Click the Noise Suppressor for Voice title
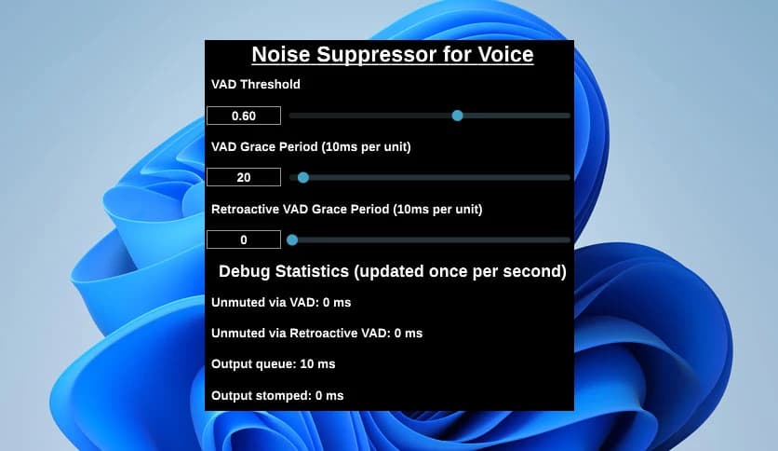point(392,55)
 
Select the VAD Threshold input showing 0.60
point(244,116)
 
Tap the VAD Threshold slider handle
point(457,116)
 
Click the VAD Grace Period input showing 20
point(244,177)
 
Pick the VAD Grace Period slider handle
point(302,177)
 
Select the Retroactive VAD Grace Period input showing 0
point(244,239)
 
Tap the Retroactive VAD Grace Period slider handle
point(292,239)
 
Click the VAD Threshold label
point(256,84)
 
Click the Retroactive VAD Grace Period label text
point(347,209)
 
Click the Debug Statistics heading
point(392,272)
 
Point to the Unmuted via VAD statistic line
point(281,302)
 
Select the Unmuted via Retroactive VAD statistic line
point(316,333)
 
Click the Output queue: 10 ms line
point(274,363)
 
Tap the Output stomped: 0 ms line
point(277,395)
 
